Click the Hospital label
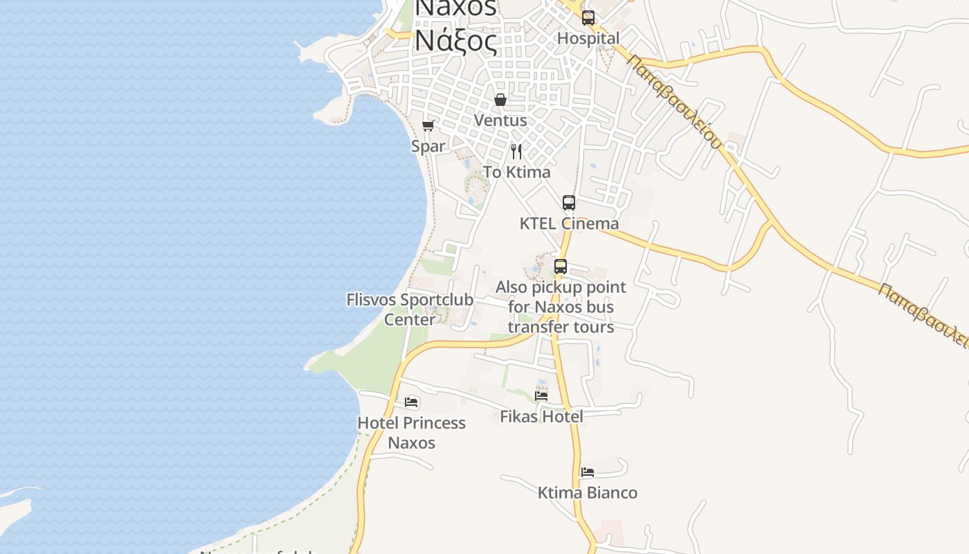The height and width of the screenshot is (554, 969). [588, 38]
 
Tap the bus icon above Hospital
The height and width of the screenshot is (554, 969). [588, 18]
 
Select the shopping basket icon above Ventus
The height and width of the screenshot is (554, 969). [500, 100]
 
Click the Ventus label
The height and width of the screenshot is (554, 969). [500, 120]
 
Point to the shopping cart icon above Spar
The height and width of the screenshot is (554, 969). [428, 125]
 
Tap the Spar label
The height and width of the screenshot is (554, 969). [428, 146]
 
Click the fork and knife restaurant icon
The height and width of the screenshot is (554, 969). [516, 151]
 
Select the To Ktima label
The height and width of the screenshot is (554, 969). [516, 172]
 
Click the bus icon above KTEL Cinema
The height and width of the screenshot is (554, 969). [569, 203]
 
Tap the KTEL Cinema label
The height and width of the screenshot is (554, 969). [569, 224]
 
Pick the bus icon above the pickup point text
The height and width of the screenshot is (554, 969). [561, 267]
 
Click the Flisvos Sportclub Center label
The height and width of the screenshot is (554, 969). [410, 310]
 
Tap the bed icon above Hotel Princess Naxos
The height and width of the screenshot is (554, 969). [412, 402]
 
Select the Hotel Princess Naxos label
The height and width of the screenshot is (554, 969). [411, 433]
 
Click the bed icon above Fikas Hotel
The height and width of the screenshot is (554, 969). [541, 395]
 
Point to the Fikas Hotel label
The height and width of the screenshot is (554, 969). [541, 416]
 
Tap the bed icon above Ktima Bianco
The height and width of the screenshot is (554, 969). [588, 472]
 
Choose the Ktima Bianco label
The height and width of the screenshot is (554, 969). [588, 492]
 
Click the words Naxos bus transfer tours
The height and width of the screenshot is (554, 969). [561, 316]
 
